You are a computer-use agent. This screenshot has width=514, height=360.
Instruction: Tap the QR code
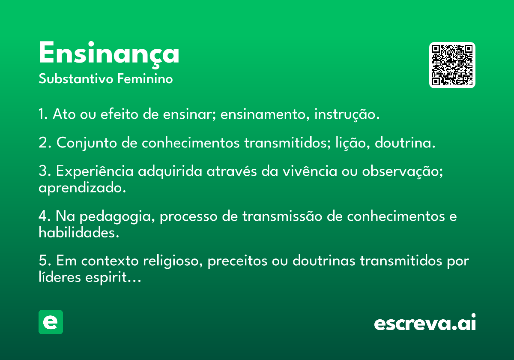click(x=452, y=65)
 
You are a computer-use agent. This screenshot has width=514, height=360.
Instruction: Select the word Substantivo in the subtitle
click(x=76, y=78)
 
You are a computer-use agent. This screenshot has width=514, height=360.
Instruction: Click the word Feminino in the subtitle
click(x=145, y=78)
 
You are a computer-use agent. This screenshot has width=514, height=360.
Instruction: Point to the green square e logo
click(x=51, y=322)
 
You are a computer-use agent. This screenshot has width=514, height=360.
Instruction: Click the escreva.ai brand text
click(x=425, y=322)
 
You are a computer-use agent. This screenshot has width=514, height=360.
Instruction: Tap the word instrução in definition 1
click(x=347, y=114)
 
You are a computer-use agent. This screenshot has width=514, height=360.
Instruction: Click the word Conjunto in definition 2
click(x=87, y=143)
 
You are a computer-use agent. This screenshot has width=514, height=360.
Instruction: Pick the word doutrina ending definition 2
click(x=405, y=143)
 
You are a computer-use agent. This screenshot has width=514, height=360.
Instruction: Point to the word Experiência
click(x=95, y=171)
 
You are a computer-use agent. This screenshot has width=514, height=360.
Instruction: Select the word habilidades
click(x=79, y=232)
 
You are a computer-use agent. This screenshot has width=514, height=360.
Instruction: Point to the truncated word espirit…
click(x=113, y=277)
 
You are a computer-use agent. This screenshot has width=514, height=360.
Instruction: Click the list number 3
click(x=45, y=171)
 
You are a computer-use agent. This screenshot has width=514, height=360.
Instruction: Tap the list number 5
click(x=45, y=261)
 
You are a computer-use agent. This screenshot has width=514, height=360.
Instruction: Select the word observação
click(x=402, y=171)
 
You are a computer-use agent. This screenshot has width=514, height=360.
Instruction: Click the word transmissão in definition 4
click(x=282, y=216)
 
